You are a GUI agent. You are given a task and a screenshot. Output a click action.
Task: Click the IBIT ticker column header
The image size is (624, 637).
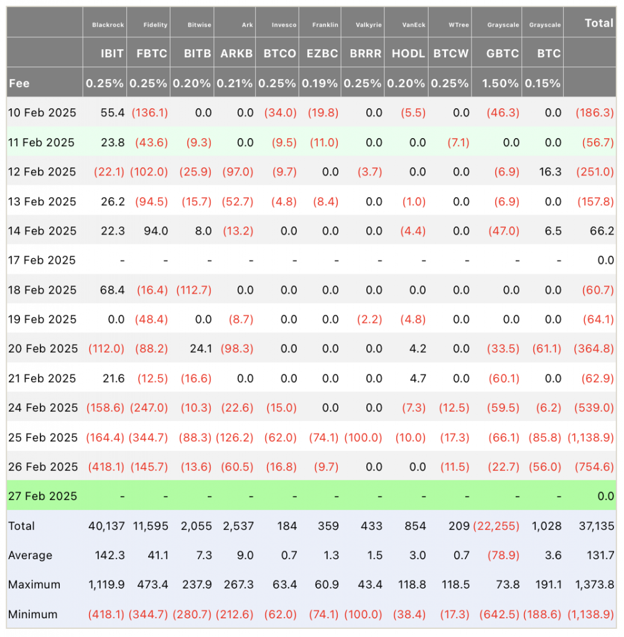[x=113, y=53]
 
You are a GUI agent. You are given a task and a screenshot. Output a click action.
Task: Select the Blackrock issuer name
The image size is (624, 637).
[x=108, y=25]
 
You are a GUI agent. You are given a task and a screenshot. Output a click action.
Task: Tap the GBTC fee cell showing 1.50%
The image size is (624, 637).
[x=501, y=83]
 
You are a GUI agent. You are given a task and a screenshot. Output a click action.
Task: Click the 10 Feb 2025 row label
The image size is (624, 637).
[x=42, y=113]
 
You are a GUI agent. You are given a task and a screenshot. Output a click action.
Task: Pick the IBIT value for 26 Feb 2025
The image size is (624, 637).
[x=106, y=467]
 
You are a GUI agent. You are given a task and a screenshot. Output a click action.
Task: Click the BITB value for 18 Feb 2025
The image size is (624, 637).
[x=193, y=290]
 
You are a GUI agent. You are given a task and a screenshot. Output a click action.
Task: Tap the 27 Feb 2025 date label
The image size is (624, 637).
[x=42, y=496]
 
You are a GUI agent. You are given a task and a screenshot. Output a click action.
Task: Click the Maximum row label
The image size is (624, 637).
[x=34, y=585]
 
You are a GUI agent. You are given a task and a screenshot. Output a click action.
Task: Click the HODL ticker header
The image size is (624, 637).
[x=408, y=53]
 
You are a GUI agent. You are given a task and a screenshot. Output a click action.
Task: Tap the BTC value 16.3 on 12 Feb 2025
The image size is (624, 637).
[x=550, y=172]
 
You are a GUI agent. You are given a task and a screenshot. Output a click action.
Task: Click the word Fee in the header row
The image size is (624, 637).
[x=19, y=83]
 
